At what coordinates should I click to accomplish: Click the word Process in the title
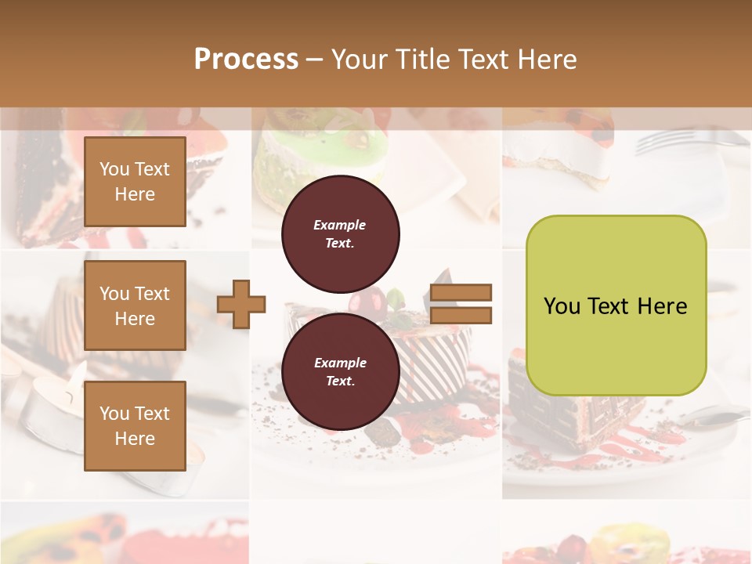(246, 60)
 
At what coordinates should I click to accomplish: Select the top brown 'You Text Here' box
(135, 182)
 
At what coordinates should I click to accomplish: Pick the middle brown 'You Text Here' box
(135, 305)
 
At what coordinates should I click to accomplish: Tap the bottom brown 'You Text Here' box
(135, 425)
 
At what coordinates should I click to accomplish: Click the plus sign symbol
(241, 305)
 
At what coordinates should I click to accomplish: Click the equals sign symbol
(461, 304)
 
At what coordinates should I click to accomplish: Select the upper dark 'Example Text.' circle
(340, 233)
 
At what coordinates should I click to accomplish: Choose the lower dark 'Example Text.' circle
(340, 371)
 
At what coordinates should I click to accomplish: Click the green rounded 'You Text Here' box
(616, 305)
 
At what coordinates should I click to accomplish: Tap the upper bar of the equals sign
(461, 293)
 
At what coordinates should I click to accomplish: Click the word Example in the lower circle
(340, 363)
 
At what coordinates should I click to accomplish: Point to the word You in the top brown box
(114, 169)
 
